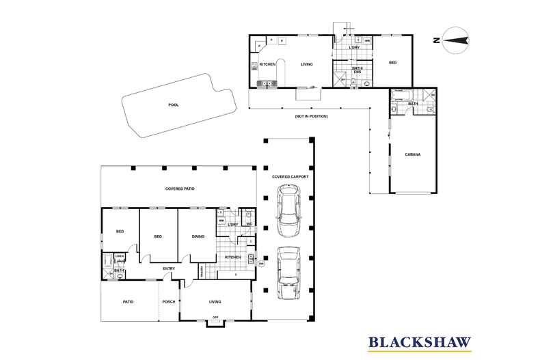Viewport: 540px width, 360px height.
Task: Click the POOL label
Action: point(173,105)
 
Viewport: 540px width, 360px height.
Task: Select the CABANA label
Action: point(411,155)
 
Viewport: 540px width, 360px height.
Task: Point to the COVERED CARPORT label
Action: point(290,176)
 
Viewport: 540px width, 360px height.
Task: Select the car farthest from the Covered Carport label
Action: point(288,272)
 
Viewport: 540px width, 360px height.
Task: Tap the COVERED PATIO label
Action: point(180,188)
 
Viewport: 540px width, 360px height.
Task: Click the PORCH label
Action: point(169,301)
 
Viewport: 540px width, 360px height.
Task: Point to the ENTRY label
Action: point(169,268)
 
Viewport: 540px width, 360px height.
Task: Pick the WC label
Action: point(249,225)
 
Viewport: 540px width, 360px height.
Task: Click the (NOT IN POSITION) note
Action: point(311,117)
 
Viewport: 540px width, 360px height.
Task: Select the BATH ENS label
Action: point(357,70)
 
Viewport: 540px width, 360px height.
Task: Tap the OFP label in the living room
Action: point(215,318)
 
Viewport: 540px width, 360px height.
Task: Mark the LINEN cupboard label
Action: point(119,257)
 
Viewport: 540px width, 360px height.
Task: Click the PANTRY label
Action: point(202,271)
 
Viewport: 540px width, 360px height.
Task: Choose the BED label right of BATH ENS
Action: point(392,63)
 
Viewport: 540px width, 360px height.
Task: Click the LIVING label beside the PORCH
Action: point(215,301)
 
